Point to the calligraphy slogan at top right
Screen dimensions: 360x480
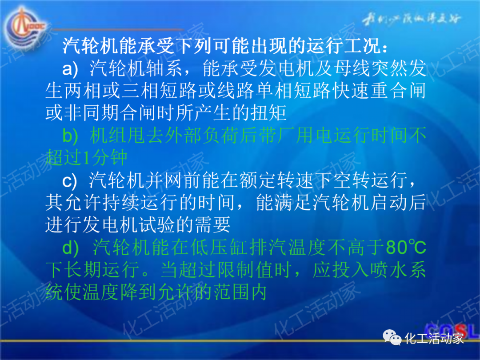pyautogui.click(x=411, y=19)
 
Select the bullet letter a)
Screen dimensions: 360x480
pyautogui.click(x=70, y=68)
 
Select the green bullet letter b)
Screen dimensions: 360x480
pyautogui.click(x=70, y=136)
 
